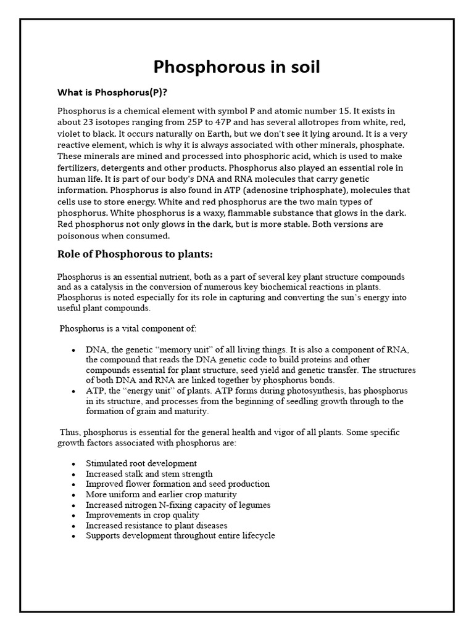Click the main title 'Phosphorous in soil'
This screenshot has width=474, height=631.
tap(236, 67)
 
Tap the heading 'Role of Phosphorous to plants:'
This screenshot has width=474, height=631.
tap(135, 254)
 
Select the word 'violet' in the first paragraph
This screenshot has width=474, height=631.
tap(70, 134)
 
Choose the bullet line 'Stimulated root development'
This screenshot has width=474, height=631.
tap(141, 463)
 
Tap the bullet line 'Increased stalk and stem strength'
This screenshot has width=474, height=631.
tap(149, 474)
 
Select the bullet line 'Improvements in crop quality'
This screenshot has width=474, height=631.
tap(143, 515)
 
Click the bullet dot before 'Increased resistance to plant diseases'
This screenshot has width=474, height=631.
tap(73, 526)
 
